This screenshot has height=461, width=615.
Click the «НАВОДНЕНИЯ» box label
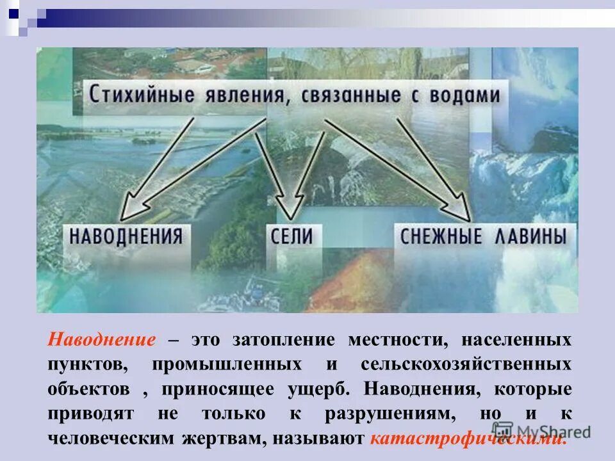(126, 236)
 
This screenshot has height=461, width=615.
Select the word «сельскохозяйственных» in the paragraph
(466, 364)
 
